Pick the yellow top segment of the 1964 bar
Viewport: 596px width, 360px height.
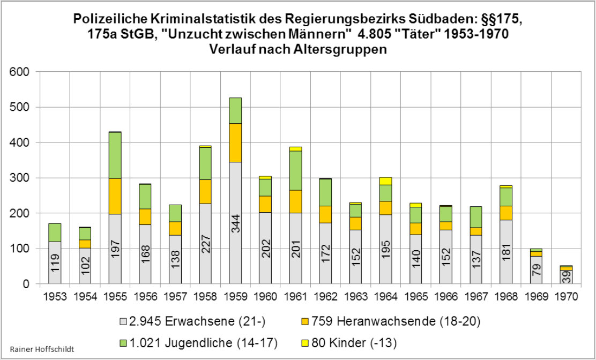(386, 181)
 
